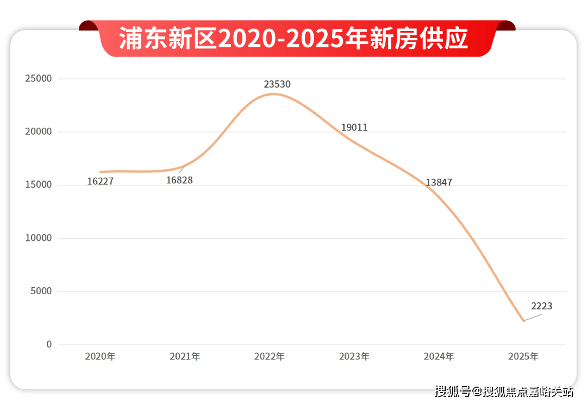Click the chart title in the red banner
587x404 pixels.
point(293,39)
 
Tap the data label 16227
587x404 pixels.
point(100,182)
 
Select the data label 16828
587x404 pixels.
point(179,180)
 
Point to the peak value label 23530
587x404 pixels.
point(277,84)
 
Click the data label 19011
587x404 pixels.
point(354,128)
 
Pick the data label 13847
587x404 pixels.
point(439,183)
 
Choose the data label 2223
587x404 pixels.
point(541,306)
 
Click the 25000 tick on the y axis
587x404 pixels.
point(38,79)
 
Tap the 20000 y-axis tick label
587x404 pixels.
point(38,132)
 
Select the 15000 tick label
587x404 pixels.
point(38,185)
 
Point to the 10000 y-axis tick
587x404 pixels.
point(38,238)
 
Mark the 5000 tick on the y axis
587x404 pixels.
point(40,291)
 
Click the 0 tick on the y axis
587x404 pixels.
point(49,345)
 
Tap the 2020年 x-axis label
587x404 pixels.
point(100,357)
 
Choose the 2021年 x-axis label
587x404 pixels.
point(185,357)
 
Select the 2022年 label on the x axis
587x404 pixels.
point(270,357)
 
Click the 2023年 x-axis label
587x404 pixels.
point(354,357)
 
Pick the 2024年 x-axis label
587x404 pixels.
point(439,357)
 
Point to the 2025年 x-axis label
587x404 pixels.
point(523,357)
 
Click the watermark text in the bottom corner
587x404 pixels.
point(504,391)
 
